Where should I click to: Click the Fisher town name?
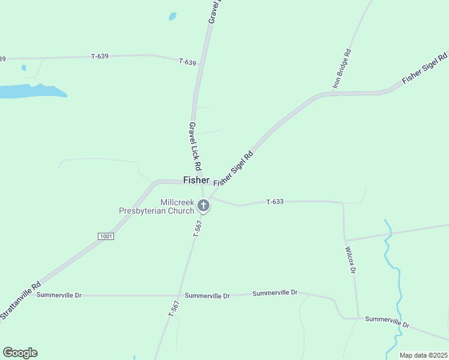coord(196,180)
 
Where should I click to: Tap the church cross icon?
coord(203,206)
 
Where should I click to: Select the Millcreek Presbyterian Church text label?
coord(156,206)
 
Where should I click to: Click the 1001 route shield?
coord(106,236)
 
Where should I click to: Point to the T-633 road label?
coord(275,202)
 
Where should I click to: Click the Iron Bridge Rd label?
coord(342,68)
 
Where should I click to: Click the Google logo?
coord(20,353)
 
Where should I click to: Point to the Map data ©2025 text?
coord(423,355)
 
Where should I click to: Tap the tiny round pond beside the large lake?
coord(23,68)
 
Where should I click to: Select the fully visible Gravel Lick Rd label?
coord(194,145)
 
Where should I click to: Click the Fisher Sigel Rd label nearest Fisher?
coord(234,168)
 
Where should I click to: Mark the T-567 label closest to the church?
coord(197,229)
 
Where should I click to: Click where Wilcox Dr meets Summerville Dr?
coord(358,318)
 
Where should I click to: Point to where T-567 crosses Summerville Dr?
coord(179,296)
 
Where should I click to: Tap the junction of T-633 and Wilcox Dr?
coord(343,203)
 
